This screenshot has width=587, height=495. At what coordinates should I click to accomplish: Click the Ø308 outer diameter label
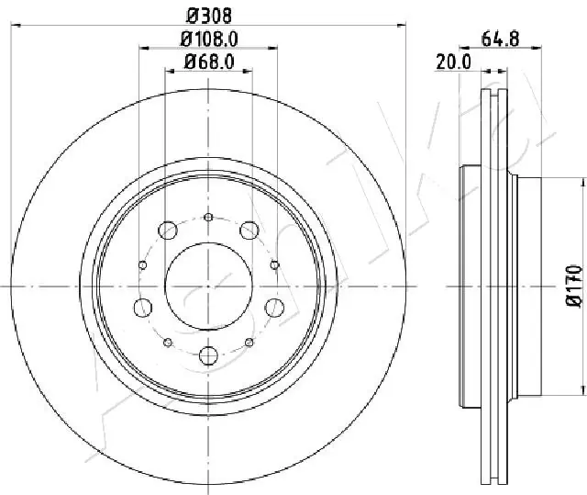click(207, 16)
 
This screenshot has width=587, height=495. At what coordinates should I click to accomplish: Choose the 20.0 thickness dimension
click(453, 62)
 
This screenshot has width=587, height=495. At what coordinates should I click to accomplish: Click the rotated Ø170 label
click(573, 286)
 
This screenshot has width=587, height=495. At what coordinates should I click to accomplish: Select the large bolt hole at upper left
click(168, 231)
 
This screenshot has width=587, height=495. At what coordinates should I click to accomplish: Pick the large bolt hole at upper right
click(249, 231)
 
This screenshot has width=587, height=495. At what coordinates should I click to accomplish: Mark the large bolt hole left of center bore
click(142, 307)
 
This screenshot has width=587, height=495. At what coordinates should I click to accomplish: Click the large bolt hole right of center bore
click(274, 307)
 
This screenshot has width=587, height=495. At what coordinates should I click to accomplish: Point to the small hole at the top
click(208, 217)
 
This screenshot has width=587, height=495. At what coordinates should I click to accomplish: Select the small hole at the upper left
click(142, 264)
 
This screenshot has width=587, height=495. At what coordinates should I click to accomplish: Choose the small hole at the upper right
click(274, 264)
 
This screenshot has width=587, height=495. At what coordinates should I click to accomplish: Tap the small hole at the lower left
click(167, 343)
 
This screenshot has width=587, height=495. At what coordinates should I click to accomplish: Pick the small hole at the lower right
click(249, 343)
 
